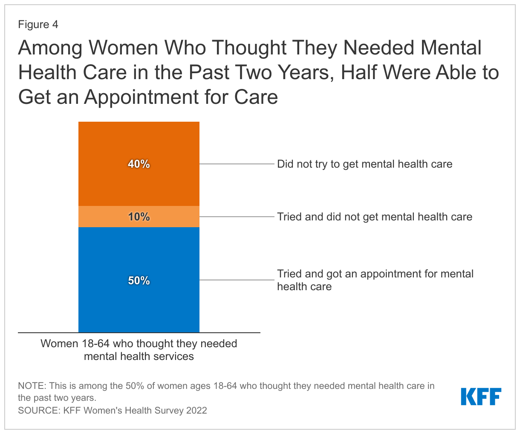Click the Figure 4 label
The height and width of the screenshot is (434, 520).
tap(38, 25)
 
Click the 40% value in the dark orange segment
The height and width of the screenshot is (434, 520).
tap(139, 164)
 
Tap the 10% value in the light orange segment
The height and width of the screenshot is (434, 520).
tap(139, 217)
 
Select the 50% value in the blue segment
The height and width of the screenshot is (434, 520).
tap(139, 281)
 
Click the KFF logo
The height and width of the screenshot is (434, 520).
tap(481, 397)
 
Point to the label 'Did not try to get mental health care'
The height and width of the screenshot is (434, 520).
tap(364, 164)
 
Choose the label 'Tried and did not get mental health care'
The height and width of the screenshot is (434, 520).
tap(374, 217)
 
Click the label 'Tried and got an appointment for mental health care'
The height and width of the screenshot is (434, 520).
tap(375, 280)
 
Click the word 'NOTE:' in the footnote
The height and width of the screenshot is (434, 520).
tap(32, 386)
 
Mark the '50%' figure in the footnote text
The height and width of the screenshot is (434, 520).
tap(136, 386)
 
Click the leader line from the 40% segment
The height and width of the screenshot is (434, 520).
tap(237, 164)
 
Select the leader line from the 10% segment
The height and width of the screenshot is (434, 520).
tap(237, 217)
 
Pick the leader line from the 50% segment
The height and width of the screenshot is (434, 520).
tap(237, 280)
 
